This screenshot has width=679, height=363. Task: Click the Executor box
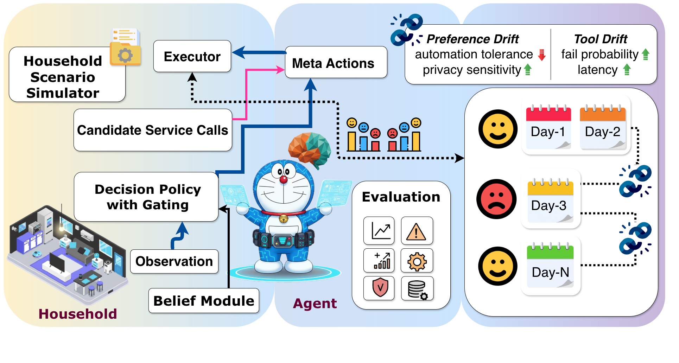click(x=192, y=57)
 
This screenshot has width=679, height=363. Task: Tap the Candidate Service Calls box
click(x=153, y=130)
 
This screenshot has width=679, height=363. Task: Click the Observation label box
click(x=174, y=261)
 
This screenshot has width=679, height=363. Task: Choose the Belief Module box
click(x=204, y=301)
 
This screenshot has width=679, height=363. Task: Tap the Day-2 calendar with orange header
click(x=603, y=127)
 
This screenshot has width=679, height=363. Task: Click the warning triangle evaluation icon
click(x=417, y=231)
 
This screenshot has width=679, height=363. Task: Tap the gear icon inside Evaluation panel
click(x=417, y=261)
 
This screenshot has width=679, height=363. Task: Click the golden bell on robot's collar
click(x=283, y=219)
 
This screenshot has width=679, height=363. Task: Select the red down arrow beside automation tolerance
click(x=542, y=55)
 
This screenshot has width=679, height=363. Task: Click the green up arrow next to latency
click(x=627, y=70)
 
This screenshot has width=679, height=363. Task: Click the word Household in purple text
click(x=77, y=314)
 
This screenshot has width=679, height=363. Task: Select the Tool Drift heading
click(x=600, y=39)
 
